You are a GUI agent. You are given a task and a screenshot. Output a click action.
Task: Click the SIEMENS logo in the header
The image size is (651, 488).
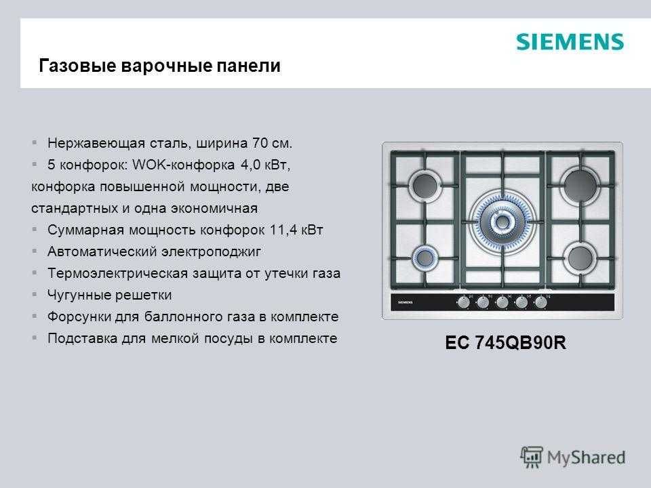coord(570,42)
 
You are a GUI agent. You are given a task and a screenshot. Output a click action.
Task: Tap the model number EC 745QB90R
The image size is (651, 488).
coord(505,343)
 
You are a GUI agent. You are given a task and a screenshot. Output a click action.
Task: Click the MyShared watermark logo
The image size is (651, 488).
coord(573,457)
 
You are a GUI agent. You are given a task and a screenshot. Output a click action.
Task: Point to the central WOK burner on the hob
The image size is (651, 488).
coord(502,222)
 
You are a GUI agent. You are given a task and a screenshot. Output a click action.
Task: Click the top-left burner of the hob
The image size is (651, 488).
coord(425,185)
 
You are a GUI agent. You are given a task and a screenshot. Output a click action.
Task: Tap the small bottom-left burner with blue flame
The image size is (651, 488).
coord(425,258)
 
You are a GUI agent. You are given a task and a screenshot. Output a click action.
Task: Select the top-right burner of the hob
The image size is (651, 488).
coord(580,184)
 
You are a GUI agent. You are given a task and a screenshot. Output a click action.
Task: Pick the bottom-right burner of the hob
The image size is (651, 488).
coord(580,258)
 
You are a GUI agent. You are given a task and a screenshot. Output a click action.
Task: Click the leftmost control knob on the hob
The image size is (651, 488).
coord(463,302)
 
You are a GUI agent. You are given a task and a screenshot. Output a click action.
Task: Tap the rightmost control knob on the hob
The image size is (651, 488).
coord(540,302)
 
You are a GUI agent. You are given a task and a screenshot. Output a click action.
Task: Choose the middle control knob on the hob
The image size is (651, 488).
coord(502,302)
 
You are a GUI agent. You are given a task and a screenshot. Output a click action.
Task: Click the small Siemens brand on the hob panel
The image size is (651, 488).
coord(406,302)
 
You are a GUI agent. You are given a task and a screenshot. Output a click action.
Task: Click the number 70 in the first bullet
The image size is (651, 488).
coord(260,143)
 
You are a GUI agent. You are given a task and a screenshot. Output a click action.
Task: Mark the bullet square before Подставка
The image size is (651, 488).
coord(35,338)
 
